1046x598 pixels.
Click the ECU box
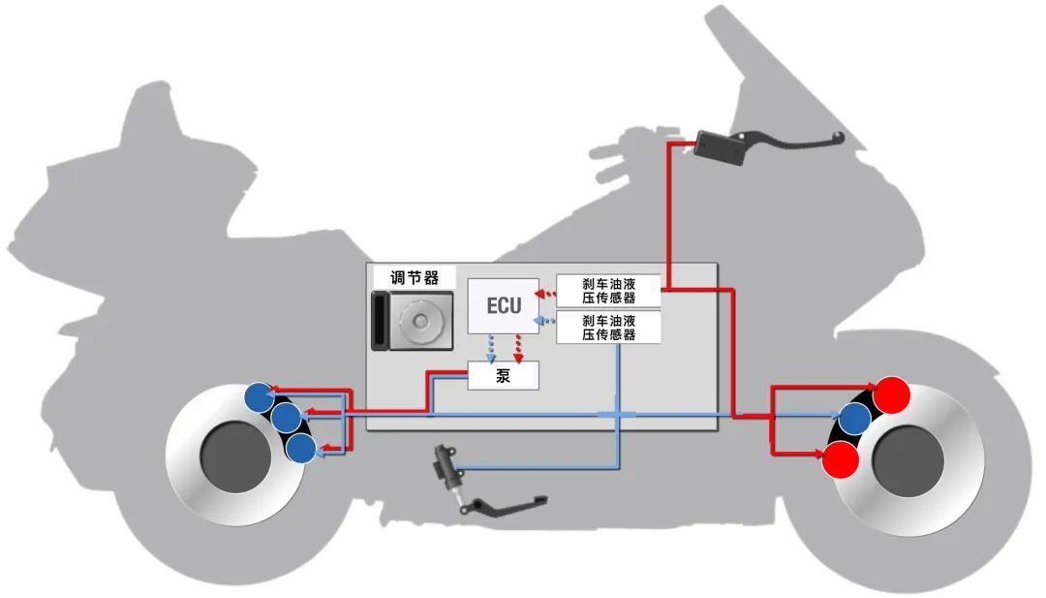point(503,306)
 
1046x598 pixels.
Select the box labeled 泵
point(503,376)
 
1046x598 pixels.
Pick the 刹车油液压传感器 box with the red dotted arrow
point(609,291)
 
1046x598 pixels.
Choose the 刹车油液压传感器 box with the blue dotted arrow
point(609,327)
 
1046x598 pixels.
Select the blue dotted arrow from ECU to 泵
point(491,347)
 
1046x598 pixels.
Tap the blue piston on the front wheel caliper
point(854,419)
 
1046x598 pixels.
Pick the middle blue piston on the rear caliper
point(286,419)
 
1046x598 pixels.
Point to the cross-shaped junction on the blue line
point(617,414)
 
